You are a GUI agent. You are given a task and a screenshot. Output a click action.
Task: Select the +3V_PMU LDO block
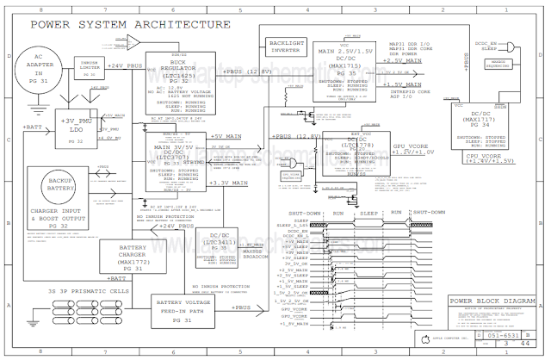76,127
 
